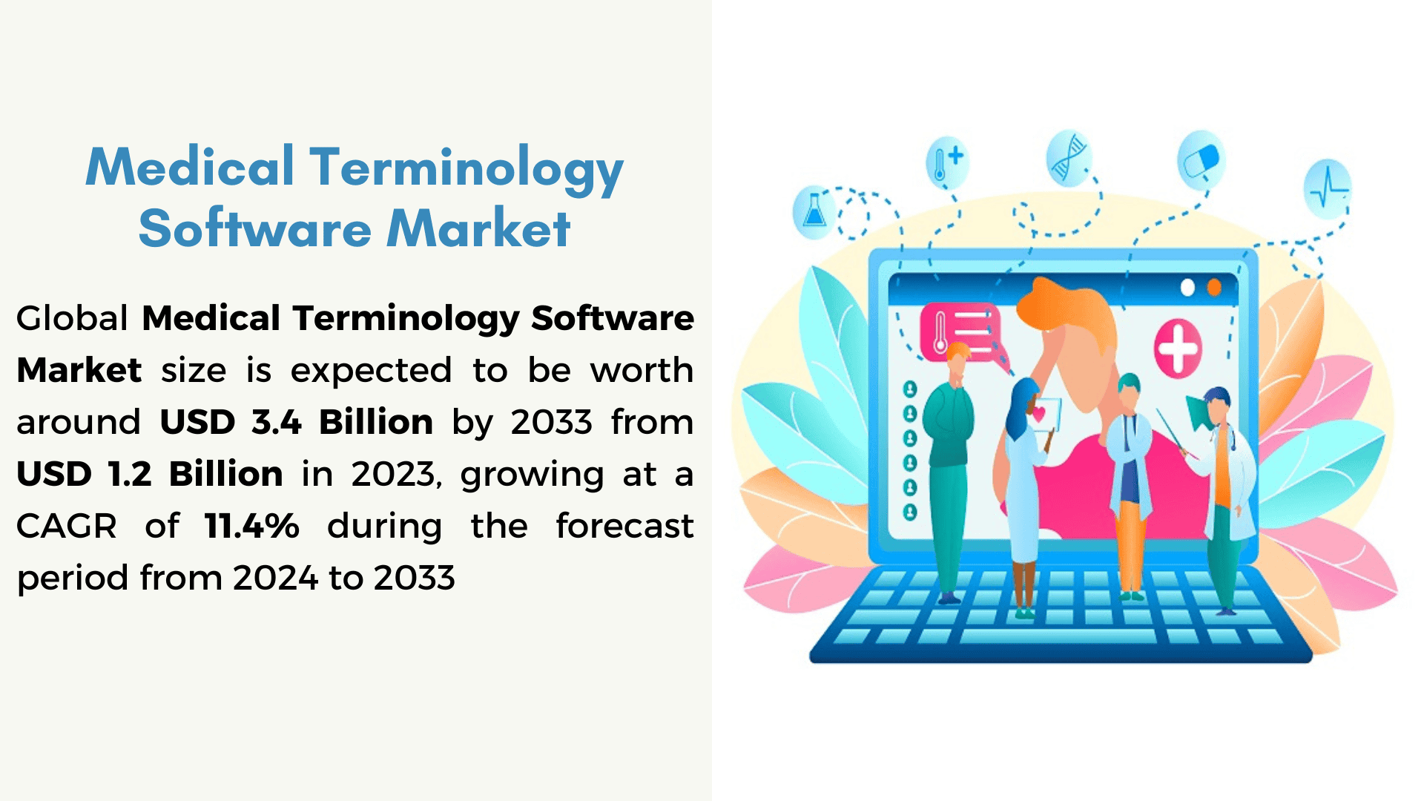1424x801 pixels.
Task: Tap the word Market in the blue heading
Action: (x=479, y=228)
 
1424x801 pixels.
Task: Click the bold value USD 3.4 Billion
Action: (x=297, y=422)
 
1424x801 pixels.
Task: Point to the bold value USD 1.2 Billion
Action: (x=150, y=474)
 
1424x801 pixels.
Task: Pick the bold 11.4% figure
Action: (x=252, y=526)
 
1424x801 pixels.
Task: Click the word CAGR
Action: (x=67, y=526)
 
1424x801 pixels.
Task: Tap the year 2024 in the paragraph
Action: (x=275, y=578)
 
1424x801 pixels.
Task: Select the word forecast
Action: (x=625, y=526)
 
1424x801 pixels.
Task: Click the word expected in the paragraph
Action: (x=371, y=370)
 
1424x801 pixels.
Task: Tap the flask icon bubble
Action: (x=814, y=212)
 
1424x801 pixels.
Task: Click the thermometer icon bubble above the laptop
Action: (x=947, y=161)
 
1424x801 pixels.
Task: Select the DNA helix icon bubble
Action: (x=1069, y=157)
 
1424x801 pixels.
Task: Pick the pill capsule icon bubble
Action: (x=1201, y=159)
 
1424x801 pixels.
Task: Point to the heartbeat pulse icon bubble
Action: (x=1328, y=188)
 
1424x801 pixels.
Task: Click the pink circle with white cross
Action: (x=1178, y=348)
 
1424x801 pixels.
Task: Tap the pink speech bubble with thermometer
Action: (x=961, y=334)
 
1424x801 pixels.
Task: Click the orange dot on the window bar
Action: (x=1214, y=287)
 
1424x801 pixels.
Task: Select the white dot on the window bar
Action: (x=1187, y=287)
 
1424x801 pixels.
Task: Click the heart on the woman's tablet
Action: (x=1040, y=415)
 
